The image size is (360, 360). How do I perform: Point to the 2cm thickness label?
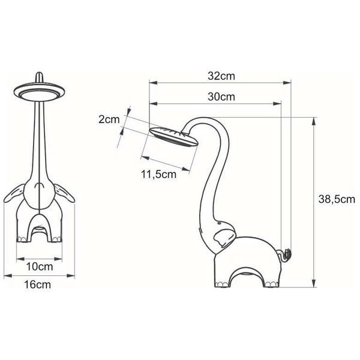pyautogui.click(x=109, y=119)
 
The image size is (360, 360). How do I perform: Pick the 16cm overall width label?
pyautogui.click(x=40, y=285)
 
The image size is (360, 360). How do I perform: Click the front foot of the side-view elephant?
pyautogui.click(x=218, y=281)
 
